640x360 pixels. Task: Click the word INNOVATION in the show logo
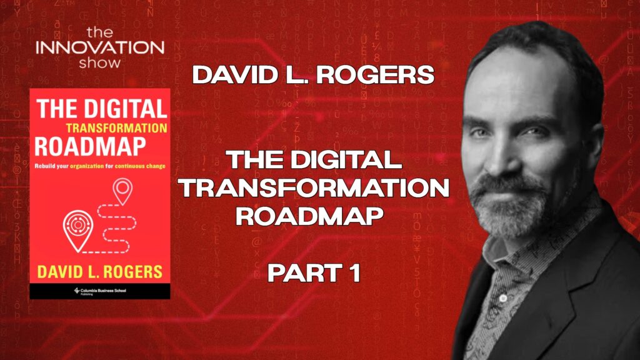coord(100,47)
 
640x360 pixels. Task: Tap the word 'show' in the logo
coord(101,62)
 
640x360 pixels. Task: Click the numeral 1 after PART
coord(353,274)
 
